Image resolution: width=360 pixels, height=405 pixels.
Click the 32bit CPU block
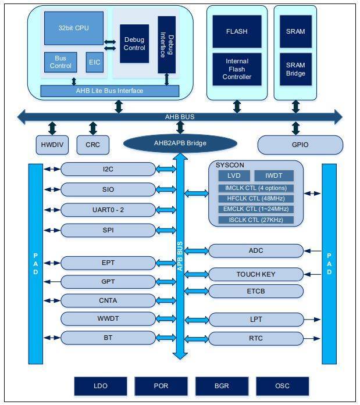74,28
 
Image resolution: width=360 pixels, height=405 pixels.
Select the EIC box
95,62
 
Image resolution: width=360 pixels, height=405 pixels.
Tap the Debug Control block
134,44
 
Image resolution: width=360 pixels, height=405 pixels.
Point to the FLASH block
237,31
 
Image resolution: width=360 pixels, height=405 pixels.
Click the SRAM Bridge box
295,69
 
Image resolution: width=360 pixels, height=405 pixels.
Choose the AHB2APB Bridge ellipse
180,144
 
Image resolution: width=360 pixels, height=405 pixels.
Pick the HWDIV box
52,145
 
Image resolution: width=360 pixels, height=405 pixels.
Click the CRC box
93,145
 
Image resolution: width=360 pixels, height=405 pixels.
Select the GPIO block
300,145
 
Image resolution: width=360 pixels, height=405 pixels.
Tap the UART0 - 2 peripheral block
108,210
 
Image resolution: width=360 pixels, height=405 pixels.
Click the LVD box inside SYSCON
234,175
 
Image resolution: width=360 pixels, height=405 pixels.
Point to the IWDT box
274,175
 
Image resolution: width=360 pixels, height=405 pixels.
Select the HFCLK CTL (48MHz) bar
256,198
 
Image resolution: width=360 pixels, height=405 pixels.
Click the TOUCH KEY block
256,274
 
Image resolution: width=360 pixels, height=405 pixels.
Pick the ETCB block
256,291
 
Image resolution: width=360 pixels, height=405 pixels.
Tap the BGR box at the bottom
222,386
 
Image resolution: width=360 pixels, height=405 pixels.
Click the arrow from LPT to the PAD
312,320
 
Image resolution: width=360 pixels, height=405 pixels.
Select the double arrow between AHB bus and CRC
93,128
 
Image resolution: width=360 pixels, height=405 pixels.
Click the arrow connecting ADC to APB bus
197,251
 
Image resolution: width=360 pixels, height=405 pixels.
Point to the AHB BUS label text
180,117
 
